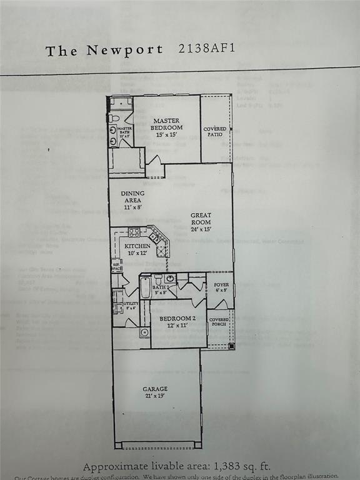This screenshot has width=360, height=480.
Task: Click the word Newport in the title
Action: (124, 51)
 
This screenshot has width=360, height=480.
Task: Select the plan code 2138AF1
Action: (207, 49)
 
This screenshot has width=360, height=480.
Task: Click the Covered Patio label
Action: (215, 131)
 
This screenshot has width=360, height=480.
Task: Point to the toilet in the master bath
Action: (114, 117)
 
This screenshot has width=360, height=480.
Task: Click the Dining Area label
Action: (132, 197)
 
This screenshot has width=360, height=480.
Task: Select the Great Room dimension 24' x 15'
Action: (201, 229)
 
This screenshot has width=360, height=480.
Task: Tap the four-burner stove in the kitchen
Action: (134, 232)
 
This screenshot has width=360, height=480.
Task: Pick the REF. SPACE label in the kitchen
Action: (116, 266)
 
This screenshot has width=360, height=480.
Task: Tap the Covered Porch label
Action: (219, 323)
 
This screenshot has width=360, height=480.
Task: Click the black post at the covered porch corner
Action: (231, 345)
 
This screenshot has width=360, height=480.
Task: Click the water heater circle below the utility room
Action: (144, 332)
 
